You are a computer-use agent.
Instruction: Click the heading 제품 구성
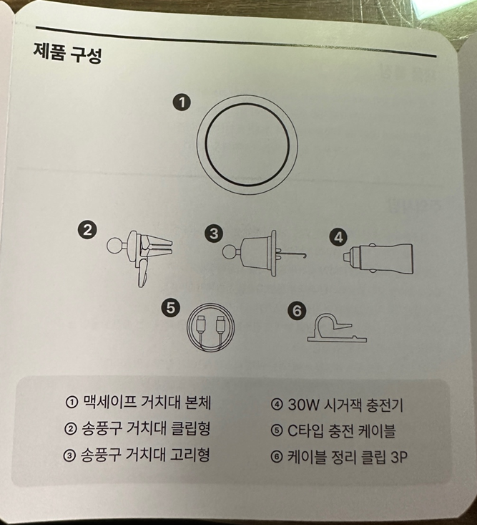[x=67, y=53]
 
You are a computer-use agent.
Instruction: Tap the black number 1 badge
[x=182, y=102]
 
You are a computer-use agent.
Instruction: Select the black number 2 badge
[x=87, y=230]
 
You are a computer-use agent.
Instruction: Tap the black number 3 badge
[x=214, y=233]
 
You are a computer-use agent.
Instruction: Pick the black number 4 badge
[x=338, y=237]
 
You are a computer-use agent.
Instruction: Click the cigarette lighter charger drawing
[x=378, y=259]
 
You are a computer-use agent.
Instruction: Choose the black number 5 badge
[x=170, y=308]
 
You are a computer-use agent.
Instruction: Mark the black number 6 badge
[x=297, y=311]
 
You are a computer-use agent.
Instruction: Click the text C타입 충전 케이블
[x=341, y=430]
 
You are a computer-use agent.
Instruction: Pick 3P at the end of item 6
[x=399, y=457]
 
